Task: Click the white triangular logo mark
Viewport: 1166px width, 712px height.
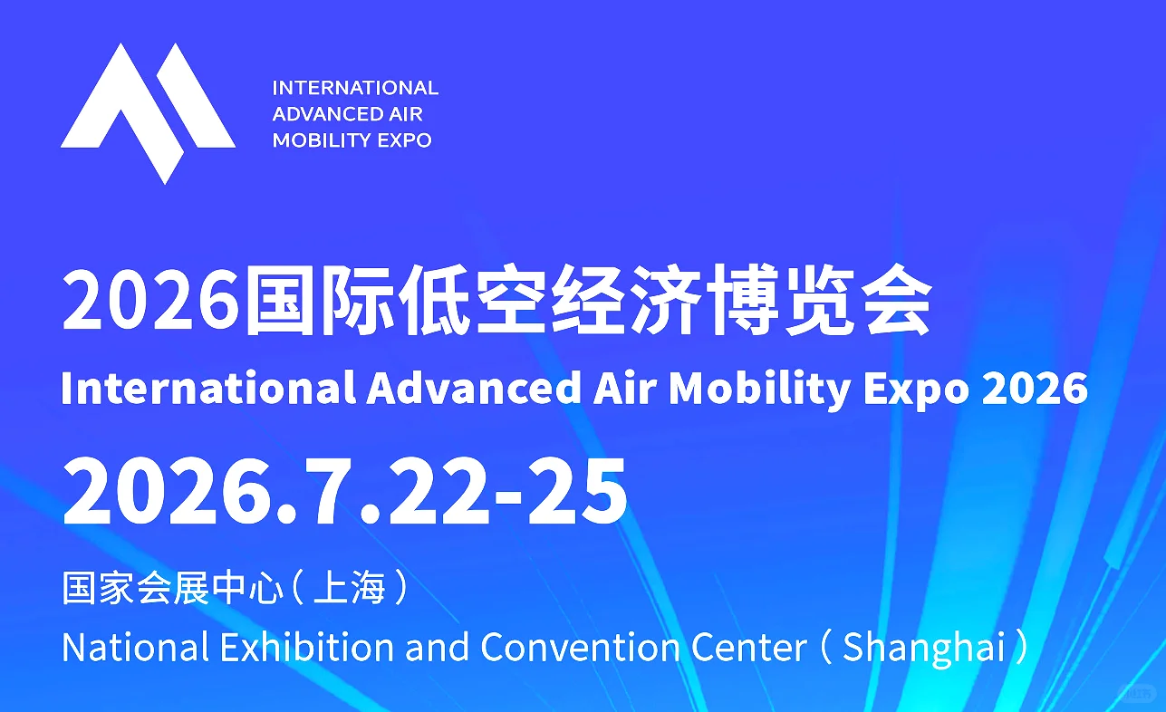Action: (148, 109)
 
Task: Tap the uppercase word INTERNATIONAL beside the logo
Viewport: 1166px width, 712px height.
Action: (355, 88)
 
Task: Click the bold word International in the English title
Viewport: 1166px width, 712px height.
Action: (207, 389)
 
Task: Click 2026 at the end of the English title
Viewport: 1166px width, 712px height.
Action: (1035, 389)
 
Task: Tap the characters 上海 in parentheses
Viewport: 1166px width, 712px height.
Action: (349, 588)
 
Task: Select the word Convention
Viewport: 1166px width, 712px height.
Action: (582, 647)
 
